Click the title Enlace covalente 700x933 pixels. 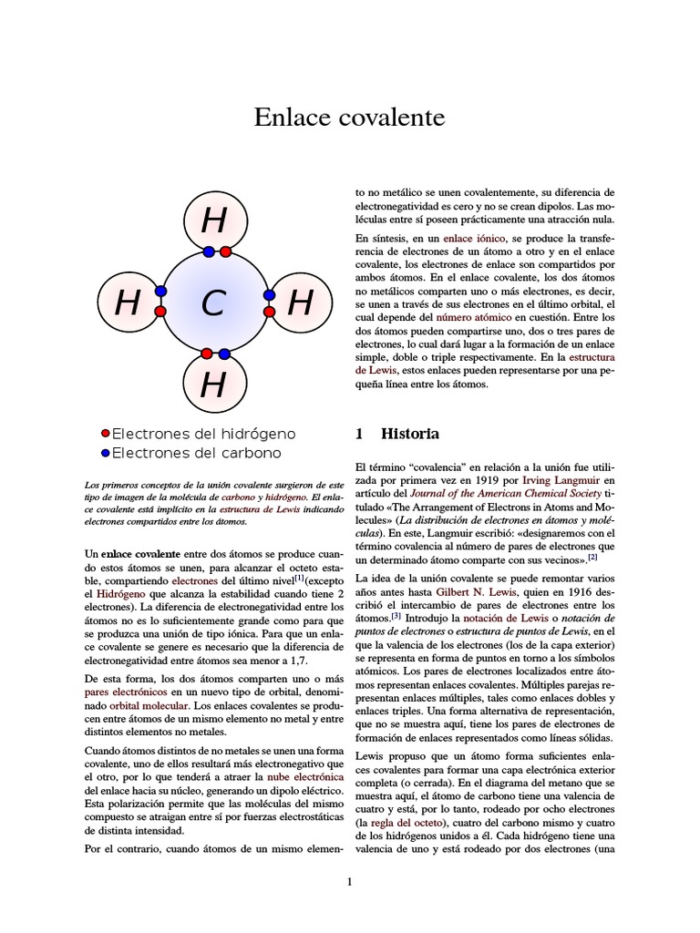point(349,118)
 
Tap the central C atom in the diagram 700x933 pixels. point(213,303)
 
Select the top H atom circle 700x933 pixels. point(213,221)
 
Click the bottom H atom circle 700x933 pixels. point(213,385)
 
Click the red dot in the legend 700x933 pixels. point(105,434)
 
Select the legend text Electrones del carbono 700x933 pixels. point(196,453)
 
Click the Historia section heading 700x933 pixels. point(409,434)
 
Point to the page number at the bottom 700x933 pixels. point(349,881)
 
